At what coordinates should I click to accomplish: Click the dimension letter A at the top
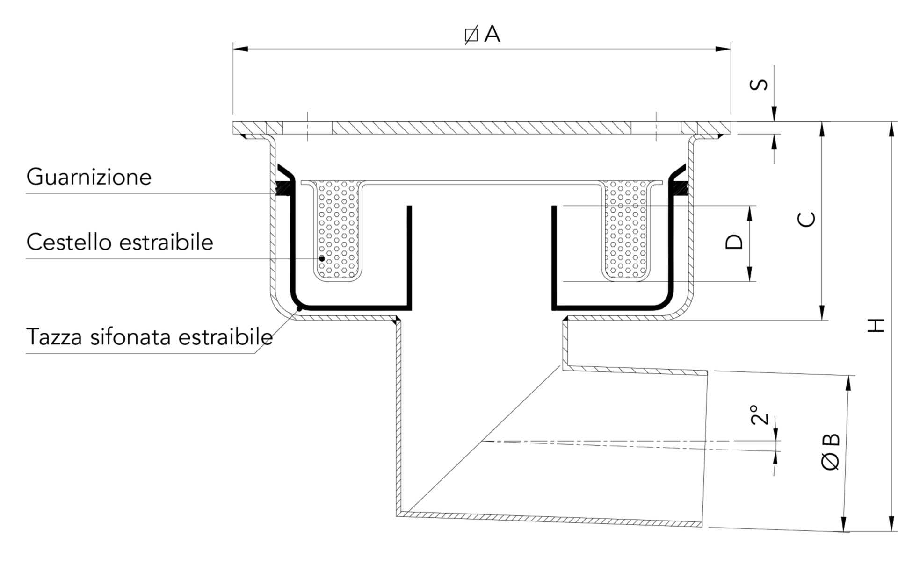(492, 34)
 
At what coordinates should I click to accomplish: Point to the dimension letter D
(734, 242)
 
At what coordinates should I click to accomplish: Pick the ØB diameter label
(831, 452)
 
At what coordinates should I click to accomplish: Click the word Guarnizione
(89, 177)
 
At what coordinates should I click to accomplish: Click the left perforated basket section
(338, 229)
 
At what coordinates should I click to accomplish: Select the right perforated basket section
(625, 229)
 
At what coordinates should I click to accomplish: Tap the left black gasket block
(283, 188)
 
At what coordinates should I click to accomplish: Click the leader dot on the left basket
(322, 258)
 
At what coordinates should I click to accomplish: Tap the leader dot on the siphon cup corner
(299, 309)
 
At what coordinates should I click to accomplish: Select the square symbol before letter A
(471, 35)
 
